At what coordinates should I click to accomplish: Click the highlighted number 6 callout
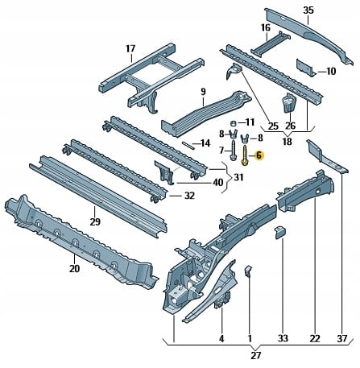[x=259, y=155]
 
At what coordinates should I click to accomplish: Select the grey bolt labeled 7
[x=233, y=151]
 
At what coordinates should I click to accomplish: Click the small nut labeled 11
[x=234, y=124]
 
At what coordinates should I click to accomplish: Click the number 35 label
[x=308, y=10]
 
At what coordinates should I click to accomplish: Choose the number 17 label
[x=130, y=49]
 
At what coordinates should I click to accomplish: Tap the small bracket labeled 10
[x=305, y=68]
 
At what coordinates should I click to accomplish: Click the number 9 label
[x=203, y=92]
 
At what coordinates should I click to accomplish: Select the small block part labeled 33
[x=279, y=232]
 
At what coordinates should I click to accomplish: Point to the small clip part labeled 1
[x=248, y=271]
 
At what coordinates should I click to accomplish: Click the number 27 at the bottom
[x=255, y=355]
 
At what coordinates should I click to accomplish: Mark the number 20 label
[x=74, y=268]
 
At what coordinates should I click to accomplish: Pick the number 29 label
[x=95, y=221]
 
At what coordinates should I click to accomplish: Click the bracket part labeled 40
[x=164, y=172]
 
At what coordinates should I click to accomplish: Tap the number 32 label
[x=189, y=196]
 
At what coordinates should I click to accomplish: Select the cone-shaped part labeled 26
[x=289, y=102]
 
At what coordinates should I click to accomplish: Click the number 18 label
[x=287, y=141]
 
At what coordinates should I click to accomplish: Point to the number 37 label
[x=341, y=339]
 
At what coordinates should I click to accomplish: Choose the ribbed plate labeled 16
[x=271, y=43]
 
